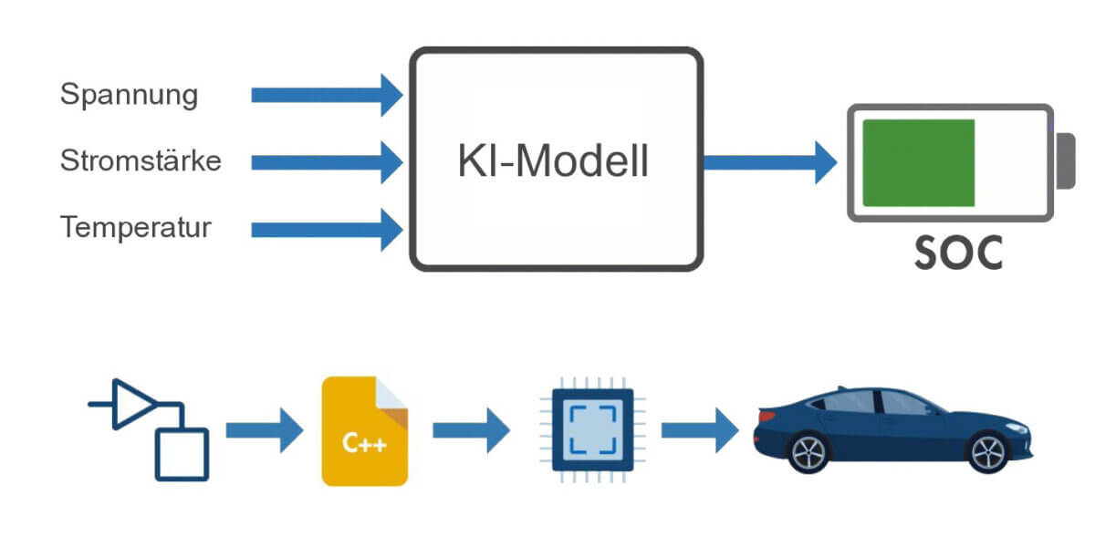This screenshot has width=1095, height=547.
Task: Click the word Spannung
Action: pos(129,95)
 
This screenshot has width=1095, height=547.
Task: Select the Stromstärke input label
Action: pos(141,161)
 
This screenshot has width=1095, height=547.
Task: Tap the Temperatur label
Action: pos(136,227)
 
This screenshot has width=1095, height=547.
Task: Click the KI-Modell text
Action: pos(553,161)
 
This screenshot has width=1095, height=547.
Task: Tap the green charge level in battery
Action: pos(918,162)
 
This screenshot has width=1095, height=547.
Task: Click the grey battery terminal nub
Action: pos(1065,161)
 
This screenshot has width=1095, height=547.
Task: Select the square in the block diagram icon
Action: pos(182,454)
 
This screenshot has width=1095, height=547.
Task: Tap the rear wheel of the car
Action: pos(808,452)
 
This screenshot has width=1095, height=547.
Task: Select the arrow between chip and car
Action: pos(699,429)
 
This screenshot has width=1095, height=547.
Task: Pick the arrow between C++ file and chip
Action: pos(471,429)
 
